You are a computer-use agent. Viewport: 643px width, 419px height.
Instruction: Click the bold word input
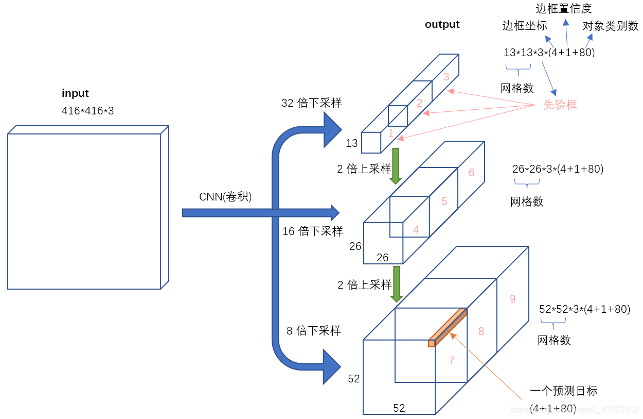click(75, 93)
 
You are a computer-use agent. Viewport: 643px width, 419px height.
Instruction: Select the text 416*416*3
click(87, 111)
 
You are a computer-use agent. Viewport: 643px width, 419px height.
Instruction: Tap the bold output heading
click(442, 25)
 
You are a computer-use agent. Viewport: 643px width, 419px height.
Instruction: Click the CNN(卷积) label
click(225, 197)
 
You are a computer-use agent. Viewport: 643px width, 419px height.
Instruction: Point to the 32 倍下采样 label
click(311, 103)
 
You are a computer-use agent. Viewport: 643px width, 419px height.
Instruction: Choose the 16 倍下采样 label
click(313, 231)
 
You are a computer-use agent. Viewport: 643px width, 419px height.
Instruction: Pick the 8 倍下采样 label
click(314, 331)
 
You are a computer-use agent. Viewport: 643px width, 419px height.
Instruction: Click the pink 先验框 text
click(560, 105)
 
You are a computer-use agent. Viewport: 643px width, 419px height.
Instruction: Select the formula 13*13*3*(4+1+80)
click(549, 53)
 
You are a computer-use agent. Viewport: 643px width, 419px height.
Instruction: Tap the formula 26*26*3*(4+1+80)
click(558, 169)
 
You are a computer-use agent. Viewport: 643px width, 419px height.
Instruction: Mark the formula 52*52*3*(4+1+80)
click(585, 309)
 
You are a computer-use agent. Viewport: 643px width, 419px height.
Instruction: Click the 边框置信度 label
click(564, 9)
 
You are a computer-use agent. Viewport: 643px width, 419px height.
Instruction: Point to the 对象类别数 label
click(611, 26)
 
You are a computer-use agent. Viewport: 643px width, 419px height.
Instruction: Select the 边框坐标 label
click(525, 26)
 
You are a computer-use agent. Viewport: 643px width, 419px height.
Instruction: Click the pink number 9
click(513, 299)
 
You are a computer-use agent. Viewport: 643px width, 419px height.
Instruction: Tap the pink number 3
click(446, 77)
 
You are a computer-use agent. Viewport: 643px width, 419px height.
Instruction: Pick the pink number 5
click(444, 202)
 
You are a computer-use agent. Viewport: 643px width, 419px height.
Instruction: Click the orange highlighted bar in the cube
click(448, 328)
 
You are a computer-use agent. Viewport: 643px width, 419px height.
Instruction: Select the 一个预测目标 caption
click(564, 391)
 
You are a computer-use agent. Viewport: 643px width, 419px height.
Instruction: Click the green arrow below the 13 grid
click(396, 166)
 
